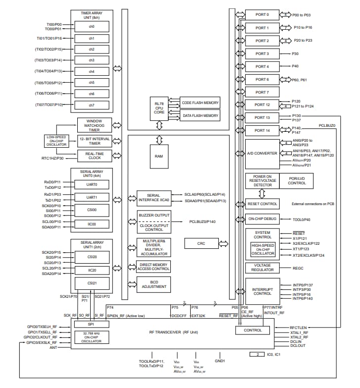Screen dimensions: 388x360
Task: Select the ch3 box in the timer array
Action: (92, 60)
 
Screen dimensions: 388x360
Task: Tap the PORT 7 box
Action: (262, 92)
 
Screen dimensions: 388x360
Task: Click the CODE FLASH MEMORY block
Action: (200, 103)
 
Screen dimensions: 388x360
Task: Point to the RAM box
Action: (159, 156)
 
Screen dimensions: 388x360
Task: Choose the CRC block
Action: (201, 243)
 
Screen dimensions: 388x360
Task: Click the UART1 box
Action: (92, 197)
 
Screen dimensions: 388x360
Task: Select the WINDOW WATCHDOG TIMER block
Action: (94, 125)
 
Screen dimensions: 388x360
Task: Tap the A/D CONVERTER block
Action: (262, 154)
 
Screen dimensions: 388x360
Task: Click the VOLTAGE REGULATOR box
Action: (262, 268)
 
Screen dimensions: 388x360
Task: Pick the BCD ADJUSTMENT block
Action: (154, 284)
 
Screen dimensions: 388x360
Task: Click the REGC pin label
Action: (298, 268)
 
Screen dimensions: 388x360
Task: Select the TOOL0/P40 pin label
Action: (302, 219)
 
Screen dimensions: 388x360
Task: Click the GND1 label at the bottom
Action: (220, 361)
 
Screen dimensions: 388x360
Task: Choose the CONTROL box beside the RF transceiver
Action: (252, 330)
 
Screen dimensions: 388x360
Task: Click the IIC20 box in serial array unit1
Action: (92, 270)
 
